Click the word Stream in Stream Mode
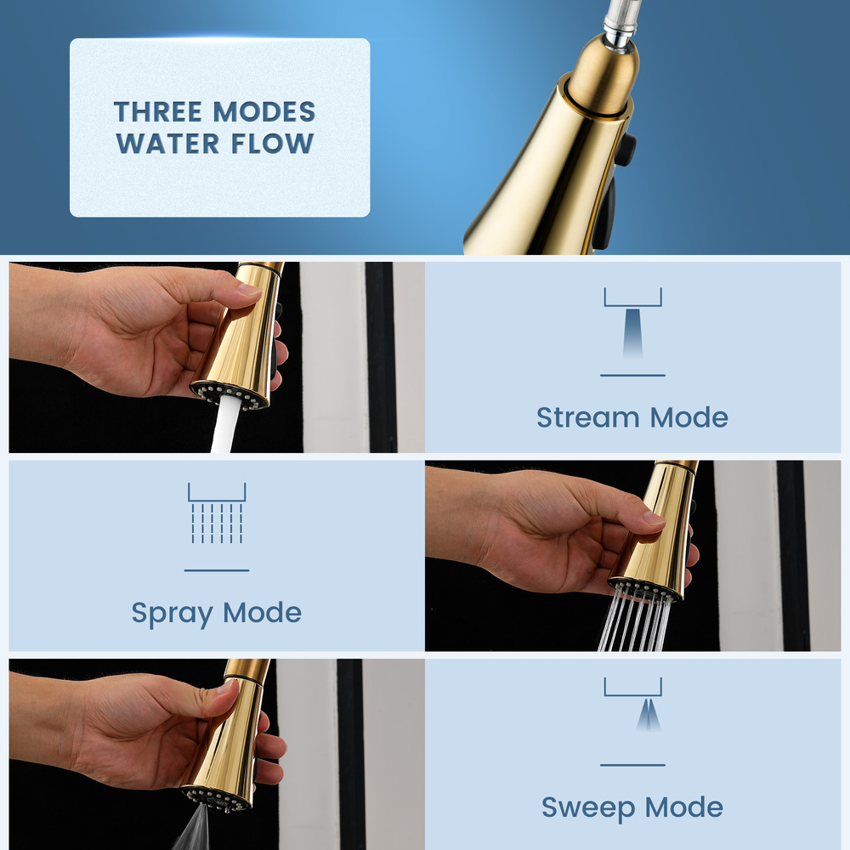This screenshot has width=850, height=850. pos(587,417)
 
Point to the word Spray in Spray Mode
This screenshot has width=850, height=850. pos(170,613)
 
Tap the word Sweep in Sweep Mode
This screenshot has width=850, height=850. pos(589,807)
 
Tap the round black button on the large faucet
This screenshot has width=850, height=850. pos(626,150)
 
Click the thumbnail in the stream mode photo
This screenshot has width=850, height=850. pos(249,290)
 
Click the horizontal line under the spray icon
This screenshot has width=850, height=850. pos(217,570)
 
